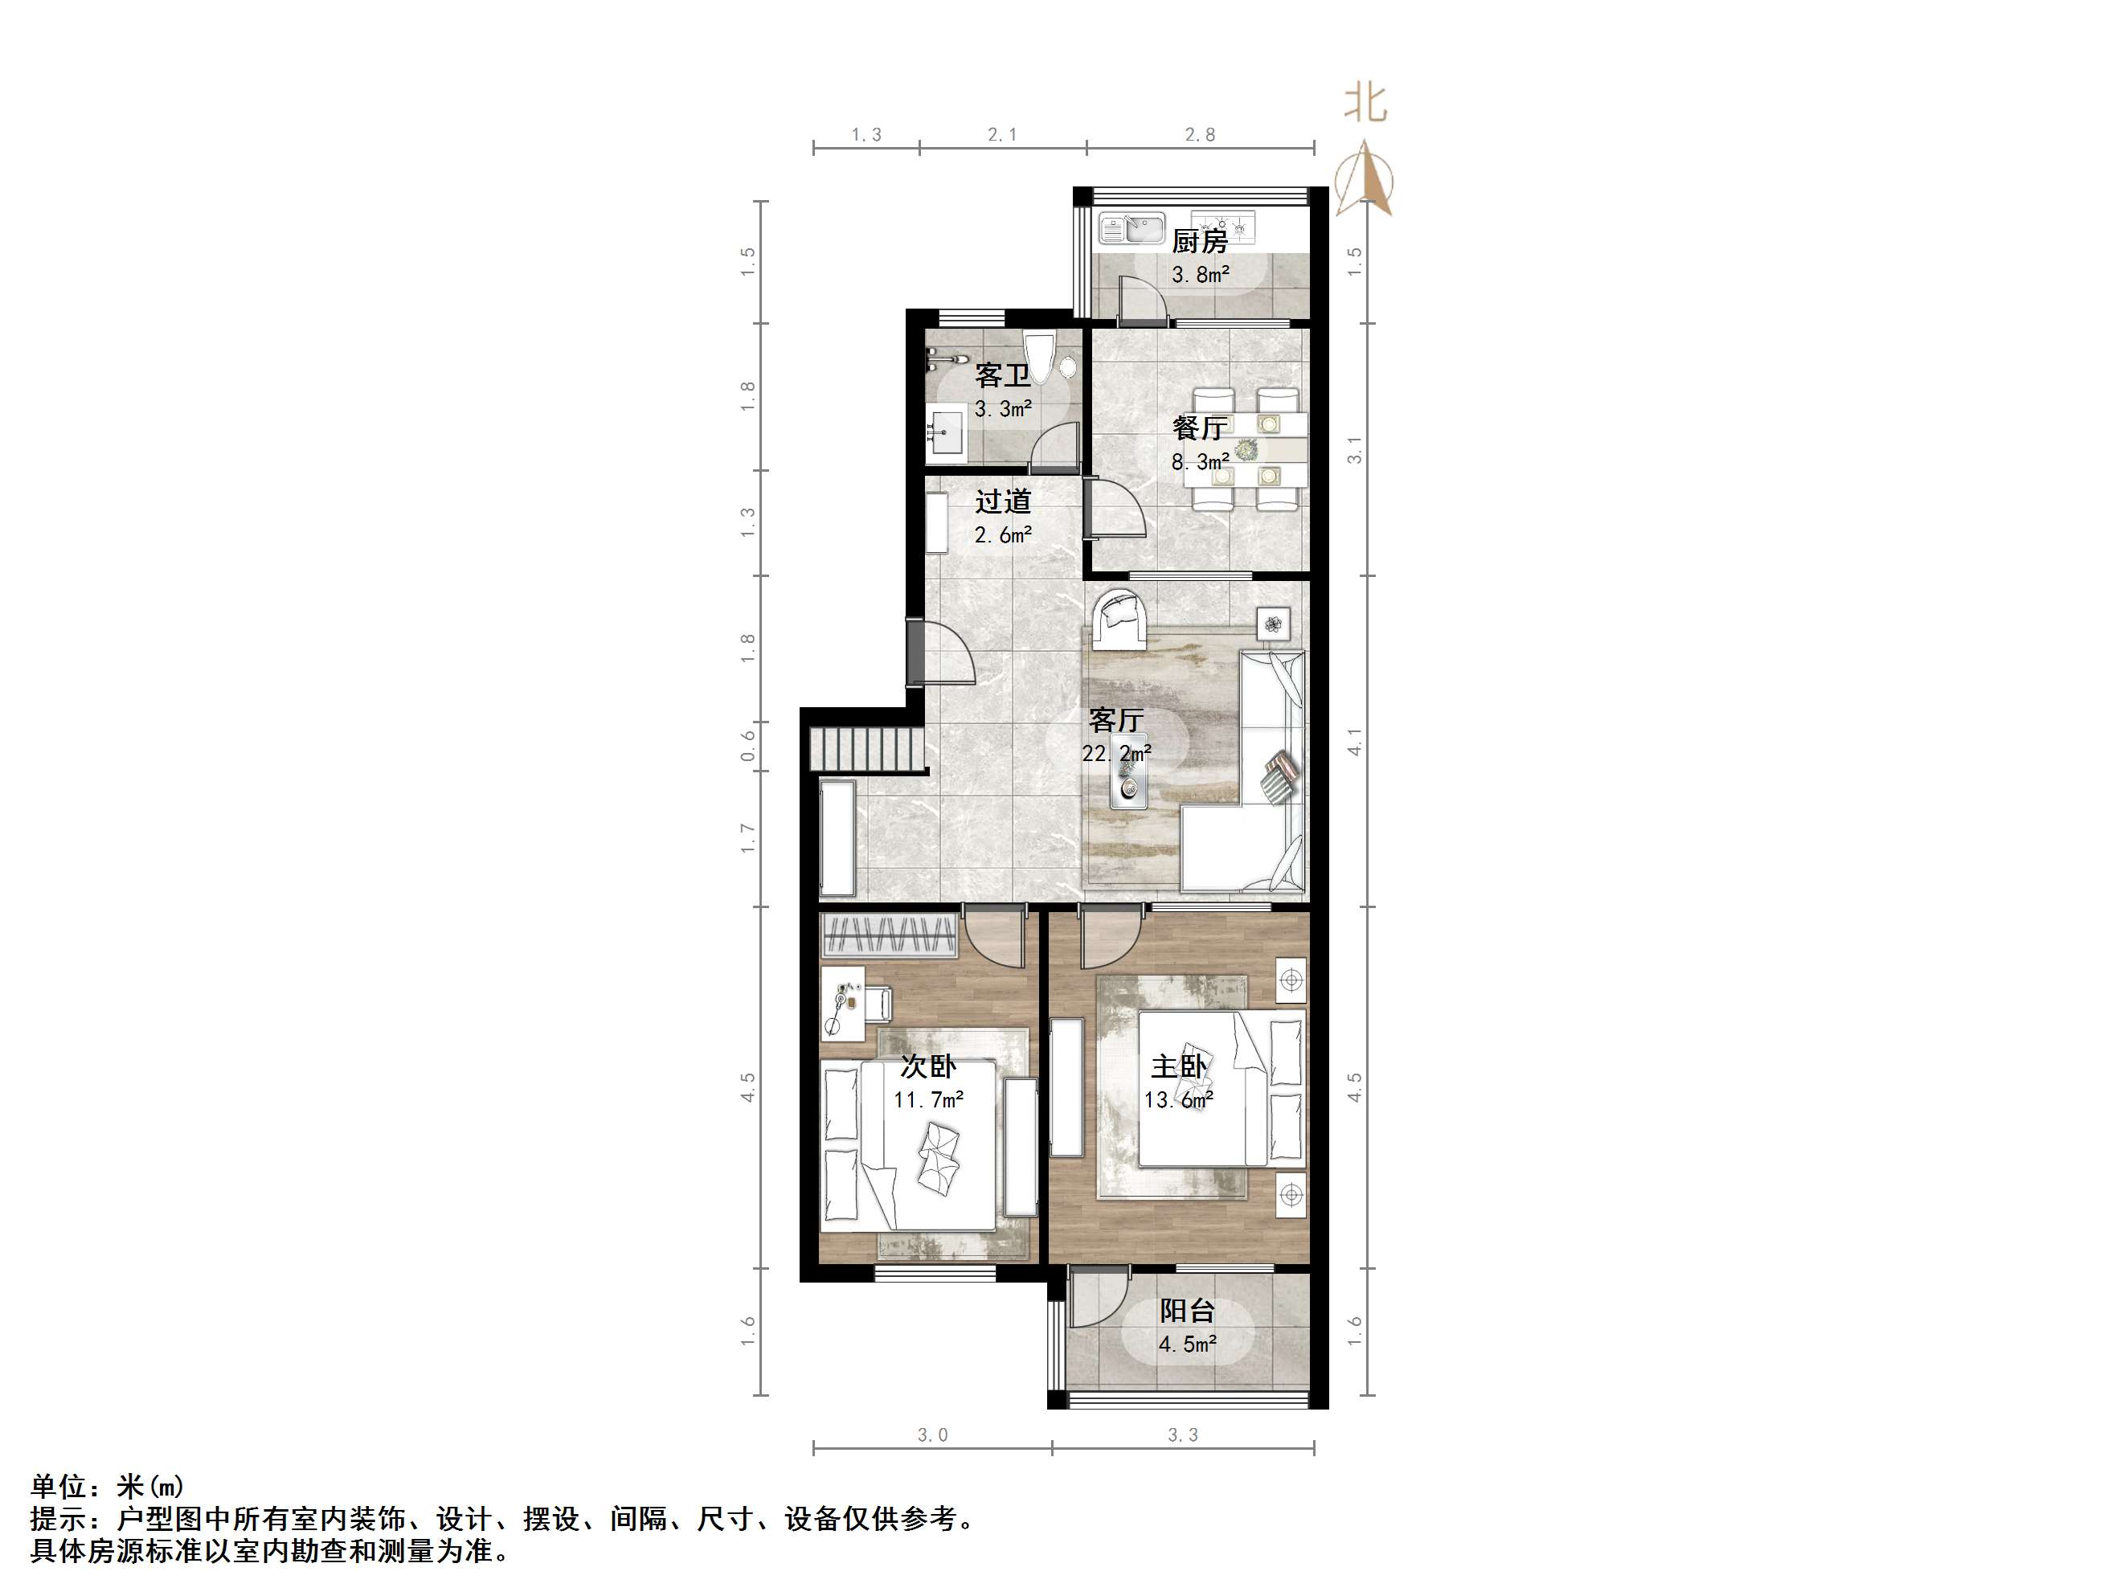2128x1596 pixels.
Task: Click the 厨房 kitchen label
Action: point(1199,240)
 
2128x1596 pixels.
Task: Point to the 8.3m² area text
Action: point(1200,462)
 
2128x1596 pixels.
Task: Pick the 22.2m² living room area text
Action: point(1116,753)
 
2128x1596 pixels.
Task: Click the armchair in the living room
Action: point(1119,616)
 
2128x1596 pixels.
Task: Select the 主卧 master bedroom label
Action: point(1178,1066)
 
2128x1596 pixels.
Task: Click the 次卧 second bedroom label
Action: point(928,1066)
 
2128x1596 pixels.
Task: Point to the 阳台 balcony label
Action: point(1187,1310)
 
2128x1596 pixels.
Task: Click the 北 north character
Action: point(1365,103)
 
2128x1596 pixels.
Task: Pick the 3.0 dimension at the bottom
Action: point(932,1435)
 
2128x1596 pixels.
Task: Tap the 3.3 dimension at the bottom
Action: point(1182,1435)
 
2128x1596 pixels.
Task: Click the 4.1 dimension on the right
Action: point(1355,742)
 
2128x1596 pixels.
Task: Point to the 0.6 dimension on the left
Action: point(748,746)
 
